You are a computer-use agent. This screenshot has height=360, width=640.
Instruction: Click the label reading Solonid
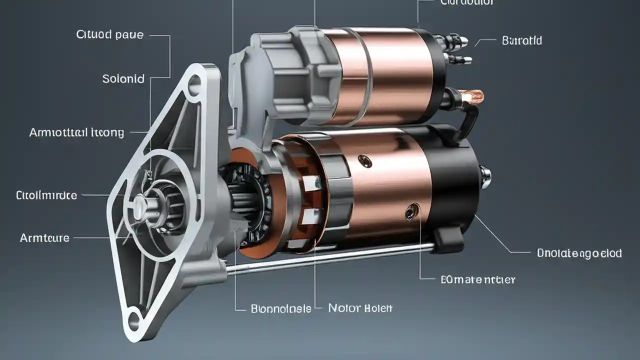(x=123, y=79)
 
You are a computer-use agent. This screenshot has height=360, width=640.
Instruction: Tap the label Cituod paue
(x=109, y=35)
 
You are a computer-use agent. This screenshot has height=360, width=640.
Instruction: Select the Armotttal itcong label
(x=76, y=132)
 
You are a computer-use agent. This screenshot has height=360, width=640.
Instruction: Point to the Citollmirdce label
(x=46, y=195)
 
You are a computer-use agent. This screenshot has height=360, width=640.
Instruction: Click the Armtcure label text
(x=44, y=238)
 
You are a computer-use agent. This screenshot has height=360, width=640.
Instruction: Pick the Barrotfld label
(x=521, y=40)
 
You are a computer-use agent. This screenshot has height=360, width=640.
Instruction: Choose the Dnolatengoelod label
(x=579, y=253)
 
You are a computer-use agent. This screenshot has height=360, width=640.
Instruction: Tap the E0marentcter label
(x=477, y=279)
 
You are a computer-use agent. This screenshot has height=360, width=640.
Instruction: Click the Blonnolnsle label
(x=280, y=308)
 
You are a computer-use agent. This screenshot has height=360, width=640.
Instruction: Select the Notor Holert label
(x=360, y=308)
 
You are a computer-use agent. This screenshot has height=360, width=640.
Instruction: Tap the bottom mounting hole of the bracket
(x=134, y=321)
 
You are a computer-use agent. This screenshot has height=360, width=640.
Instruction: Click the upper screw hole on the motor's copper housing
(x=365, y=161)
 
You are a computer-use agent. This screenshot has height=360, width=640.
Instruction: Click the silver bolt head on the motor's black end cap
(x=485, y=176)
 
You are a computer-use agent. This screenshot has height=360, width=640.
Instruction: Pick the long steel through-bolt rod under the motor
(x=330, y=258)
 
